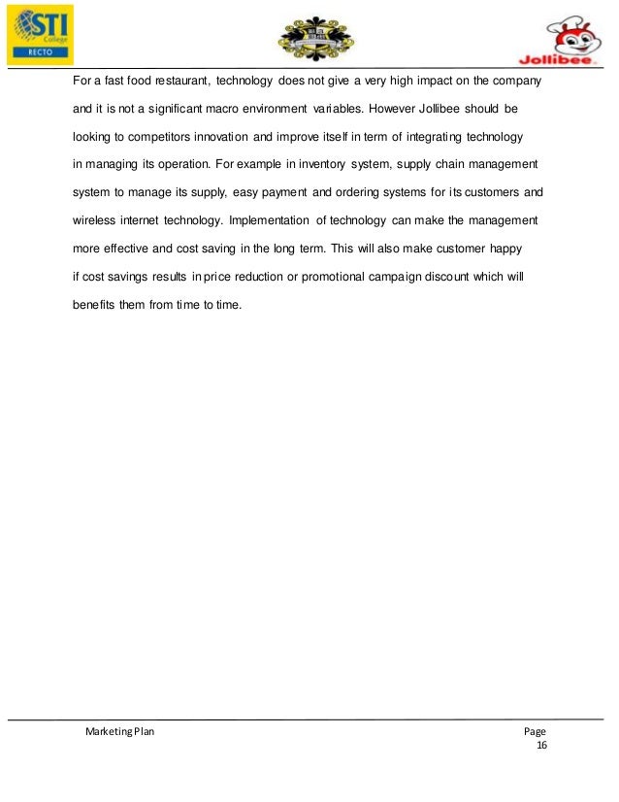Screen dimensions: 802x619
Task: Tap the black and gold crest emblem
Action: coord(316,38)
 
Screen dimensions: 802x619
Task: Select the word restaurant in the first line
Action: coord(180,79)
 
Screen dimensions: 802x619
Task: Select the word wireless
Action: coord(96,210)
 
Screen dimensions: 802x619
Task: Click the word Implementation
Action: coord(269,210)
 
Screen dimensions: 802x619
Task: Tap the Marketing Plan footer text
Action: coord(119,732)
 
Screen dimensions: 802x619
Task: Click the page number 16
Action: coord(541,746)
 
